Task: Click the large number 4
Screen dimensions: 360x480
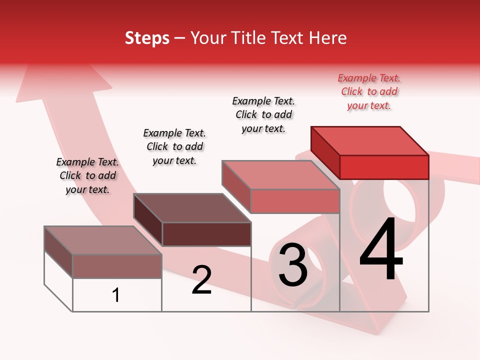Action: click(x=381, y=250)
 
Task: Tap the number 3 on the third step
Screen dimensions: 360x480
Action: click(x=293, y=265)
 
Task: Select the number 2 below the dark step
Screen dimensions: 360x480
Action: click(x=202, y=280)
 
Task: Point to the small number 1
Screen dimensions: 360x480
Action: click(x=116, y=295)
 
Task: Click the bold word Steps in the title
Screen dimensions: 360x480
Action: click(x=147, y=38)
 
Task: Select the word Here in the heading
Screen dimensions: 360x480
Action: click(x=328, y=38)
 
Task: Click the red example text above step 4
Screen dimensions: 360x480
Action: click(x=369, y=91)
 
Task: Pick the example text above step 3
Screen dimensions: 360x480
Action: click(x=264, y=114)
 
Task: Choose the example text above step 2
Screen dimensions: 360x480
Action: click(x=174, y=146)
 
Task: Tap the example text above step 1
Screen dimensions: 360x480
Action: click(x=87, y=175)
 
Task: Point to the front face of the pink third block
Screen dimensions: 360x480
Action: click(x=295, y=201)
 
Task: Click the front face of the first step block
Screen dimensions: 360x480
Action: click(x=117, y=266)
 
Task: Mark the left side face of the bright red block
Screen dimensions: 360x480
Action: click(x=325, y=152)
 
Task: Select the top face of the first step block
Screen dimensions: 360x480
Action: click(x=103, y=240)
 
